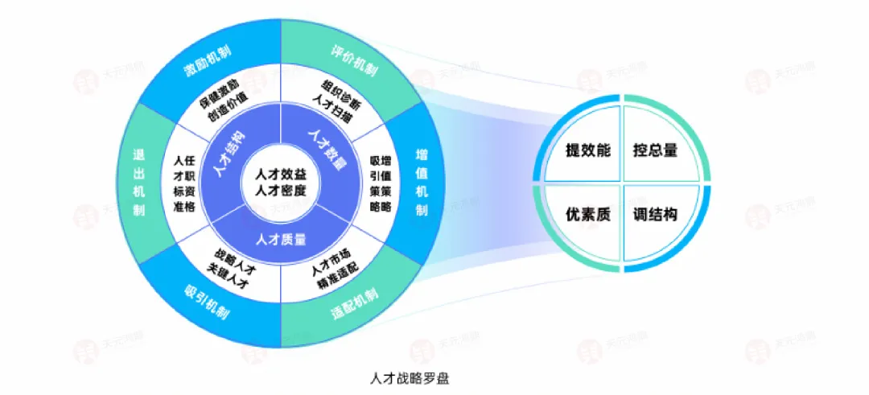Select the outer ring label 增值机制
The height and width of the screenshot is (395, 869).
click(x=422, y=182)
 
